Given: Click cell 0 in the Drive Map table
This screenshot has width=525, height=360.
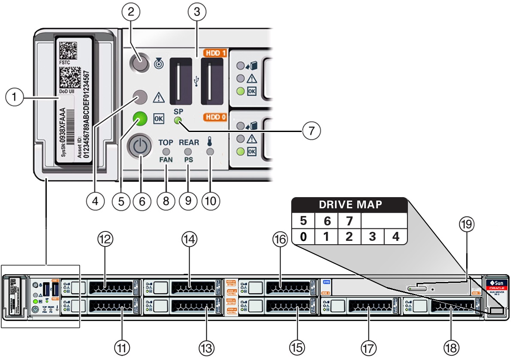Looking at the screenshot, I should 303,236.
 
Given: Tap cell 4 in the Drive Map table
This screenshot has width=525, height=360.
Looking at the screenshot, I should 395,236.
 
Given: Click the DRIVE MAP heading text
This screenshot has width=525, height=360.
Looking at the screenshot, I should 350,205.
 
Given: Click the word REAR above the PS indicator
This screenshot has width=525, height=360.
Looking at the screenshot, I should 189,142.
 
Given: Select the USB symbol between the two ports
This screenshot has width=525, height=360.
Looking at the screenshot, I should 196,80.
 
